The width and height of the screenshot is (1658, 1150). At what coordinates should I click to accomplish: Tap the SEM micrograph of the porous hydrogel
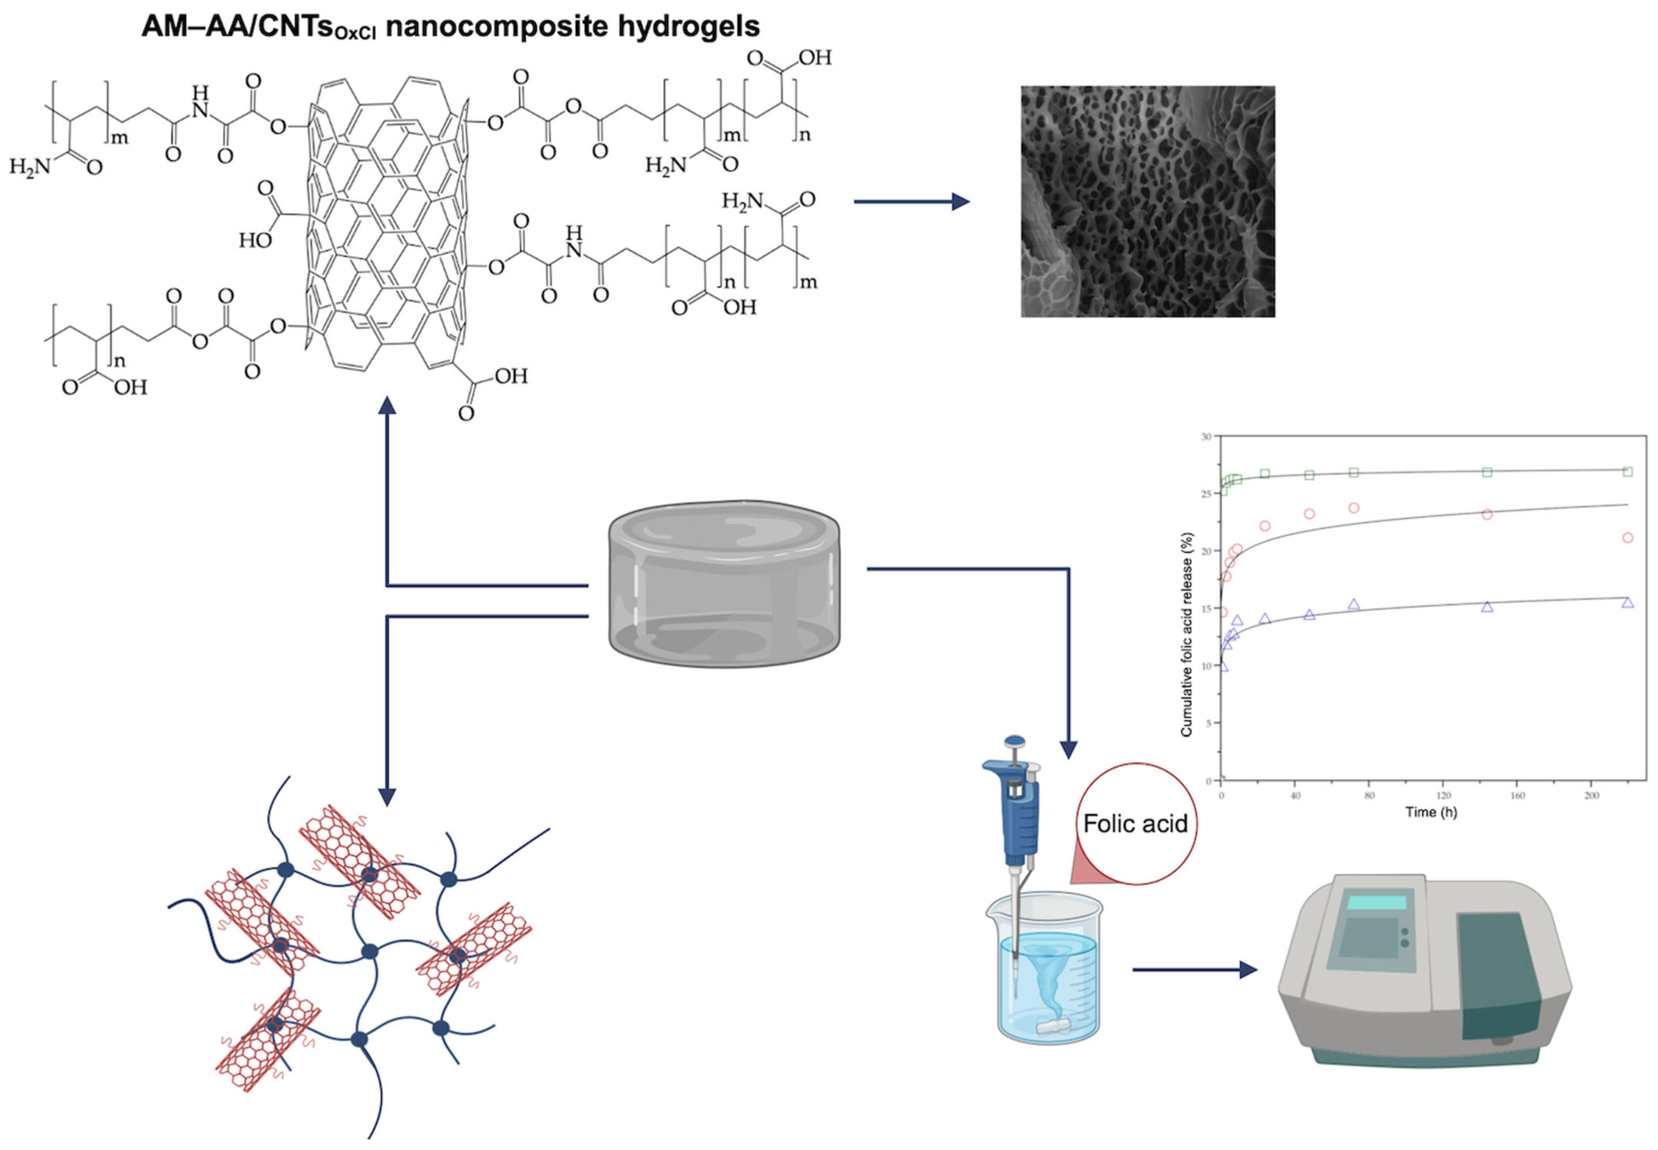click(1147, 202)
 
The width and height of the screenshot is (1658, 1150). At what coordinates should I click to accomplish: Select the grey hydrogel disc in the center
click(724, 584)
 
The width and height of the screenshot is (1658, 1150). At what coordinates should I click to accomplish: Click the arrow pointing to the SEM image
click(912, 202)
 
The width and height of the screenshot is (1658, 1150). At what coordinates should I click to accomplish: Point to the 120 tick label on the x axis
click(1443, 795)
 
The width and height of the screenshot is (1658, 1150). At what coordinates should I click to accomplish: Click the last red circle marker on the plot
click(1627, 538)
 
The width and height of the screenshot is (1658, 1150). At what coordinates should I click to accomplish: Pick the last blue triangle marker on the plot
click(1627, 602)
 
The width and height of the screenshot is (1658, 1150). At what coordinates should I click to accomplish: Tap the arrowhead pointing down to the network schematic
click(387, 796)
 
